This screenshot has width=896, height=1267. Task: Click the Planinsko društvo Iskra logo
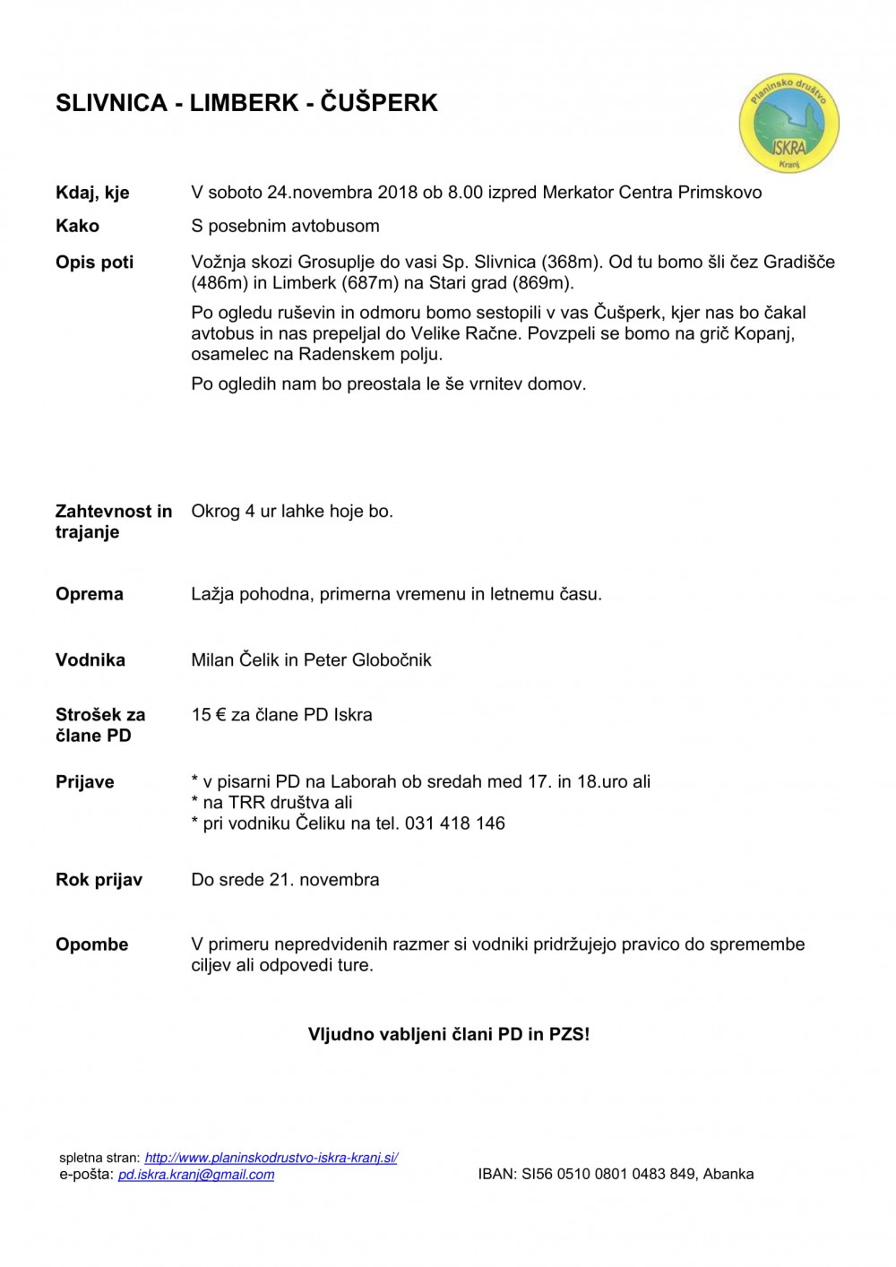pyautogui.click(x=788, y=125)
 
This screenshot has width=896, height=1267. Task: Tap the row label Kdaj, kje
pyautogui.click(x=92, y=193)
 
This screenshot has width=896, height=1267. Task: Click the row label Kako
pyautogui.click(x=77, y=226)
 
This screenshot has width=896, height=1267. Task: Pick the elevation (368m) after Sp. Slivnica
pyautogui.click(x=571, y=262)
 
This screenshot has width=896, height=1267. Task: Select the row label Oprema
pyautogui.click(x=90, y=594)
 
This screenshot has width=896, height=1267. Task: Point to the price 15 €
pyautogui.click(x=208, y=715)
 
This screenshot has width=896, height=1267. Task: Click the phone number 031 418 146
pyautogui.click(x=454, y=823)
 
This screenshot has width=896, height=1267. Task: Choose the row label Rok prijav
pyautogui.click(x=99, y=880)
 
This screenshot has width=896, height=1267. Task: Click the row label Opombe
pyautogui.click(x=91, y=944)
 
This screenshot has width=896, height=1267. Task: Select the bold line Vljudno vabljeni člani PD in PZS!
pyautogui.click(x=449, y=1034)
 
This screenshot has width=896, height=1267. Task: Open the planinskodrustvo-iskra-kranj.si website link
pyautogui.click(x=271, y=1158)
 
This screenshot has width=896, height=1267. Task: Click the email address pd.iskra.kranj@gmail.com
pyautogui.click(x=196, y=1175)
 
